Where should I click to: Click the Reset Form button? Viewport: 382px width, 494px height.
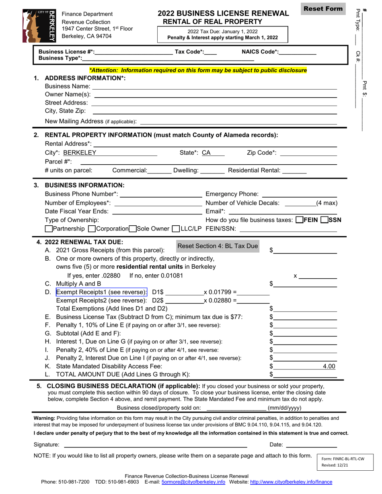click(323, 9)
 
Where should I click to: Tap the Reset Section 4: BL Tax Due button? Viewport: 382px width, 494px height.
click(218, 246)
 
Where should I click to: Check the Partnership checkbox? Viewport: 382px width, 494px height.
click(49, 229)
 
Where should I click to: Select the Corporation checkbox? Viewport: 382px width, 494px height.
click(91, 229)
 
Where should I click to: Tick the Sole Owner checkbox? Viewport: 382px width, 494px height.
click(133, 229)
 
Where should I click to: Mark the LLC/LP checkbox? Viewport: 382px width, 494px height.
click(175, 229)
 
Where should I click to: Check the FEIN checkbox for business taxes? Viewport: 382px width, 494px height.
click(300, 220)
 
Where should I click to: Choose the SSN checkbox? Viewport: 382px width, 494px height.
click(324, 220)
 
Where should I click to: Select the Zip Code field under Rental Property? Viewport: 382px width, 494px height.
click(308, 153)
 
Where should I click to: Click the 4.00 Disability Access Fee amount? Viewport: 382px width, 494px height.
click(329, 366)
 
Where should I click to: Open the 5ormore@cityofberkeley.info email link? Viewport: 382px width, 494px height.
click(193, 482)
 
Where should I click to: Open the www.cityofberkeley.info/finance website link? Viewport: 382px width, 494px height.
click(291, 482)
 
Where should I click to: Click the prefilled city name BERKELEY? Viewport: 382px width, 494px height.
click(80, 153)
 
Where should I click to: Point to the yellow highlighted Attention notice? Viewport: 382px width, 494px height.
click(198, 70)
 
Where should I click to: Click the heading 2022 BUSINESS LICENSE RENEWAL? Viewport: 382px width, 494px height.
click(223, 13)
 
